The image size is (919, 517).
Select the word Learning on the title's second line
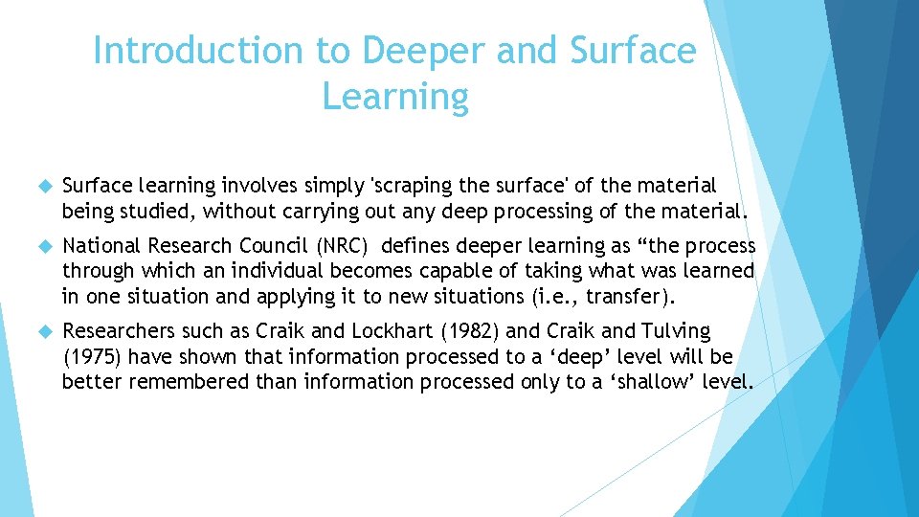[395, 97]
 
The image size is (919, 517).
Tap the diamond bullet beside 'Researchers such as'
[42, 332]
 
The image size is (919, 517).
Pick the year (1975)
[92, 357]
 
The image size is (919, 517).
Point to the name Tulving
[676, 331]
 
